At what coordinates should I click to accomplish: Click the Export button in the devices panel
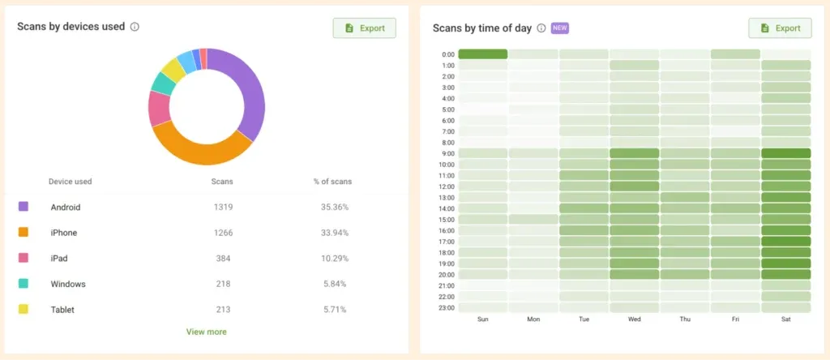[364, 28]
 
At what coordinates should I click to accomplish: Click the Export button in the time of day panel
[779, 28]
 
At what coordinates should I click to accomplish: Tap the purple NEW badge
[560, 28]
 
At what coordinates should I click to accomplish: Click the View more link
[206, 332]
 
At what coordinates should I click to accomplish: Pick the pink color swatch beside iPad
[24, 259]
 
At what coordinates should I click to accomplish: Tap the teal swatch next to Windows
[24, 284]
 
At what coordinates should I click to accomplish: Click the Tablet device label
[63, 310]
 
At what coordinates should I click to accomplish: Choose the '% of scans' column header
[332, 182]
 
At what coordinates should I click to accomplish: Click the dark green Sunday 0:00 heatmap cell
[483, 54]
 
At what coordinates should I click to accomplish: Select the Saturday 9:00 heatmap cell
[786, 153]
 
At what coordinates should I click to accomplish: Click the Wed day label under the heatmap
[634, 319]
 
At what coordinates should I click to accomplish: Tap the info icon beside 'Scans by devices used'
[135, 27]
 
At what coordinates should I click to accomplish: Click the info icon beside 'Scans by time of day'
[541, 28]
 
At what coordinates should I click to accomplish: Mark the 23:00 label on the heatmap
[445, 308]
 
